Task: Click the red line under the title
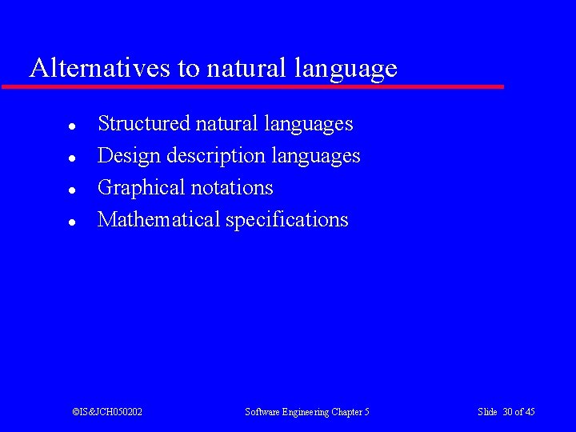pos(253,86)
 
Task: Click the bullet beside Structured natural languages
pos(71,126)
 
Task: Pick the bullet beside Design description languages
pos(71,158)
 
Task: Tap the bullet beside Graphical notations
pos(71,190)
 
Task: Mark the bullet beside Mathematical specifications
pos(71,222)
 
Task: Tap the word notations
pos(235,188)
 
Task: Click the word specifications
pos(287,221)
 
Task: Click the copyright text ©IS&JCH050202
pos(107,412)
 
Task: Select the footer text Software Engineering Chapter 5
pos(307,412)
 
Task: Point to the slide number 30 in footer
pos(507,412)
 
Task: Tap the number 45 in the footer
pos(530,412)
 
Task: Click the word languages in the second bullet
pos(316,157)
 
